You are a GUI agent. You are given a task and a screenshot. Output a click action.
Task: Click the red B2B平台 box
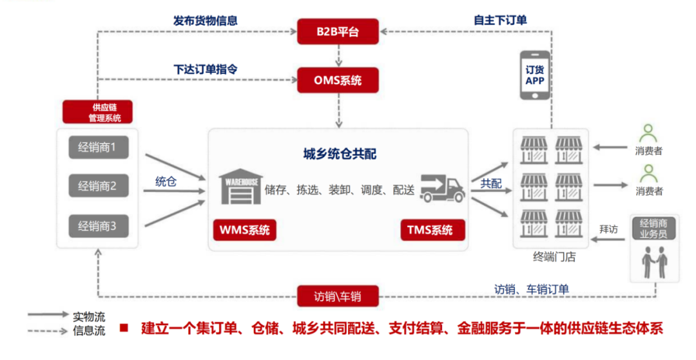pyautogui.click(x=338, y=31)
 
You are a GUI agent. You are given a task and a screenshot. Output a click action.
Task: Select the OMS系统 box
pyautogui.click(x=338, y=81)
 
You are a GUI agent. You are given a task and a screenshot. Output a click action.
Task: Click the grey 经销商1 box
pyautogui.click(x=98, y=148)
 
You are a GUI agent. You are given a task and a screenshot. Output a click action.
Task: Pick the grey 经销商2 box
pyautogui.click(x=98, y=187)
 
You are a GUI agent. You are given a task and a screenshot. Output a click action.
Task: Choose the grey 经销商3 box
pyautogui.click(x=98, y=226)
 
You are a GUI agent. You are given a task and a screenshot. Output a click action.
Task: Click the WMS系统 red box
pyautogui.click(x=245, y=231)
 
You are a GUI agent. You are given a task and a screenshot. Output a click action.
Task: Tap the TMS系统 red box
pyautogui.click(x=431, y=231)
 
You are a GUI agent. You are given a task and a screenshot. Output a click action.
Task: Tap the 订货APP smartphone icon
pyautogui.click(x=535, y=75)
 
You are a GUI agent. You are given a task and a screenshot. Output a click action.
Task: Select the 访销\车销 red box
pyautogui.click(x=338, y=296)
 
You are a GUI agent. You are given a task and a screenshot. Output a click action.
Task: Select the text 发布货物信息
pyautogui.click(x=205, y=21)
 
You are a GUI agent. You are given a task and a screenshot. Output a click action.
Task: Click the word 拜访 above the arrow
pyautogui.click(x=609, y=229)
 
